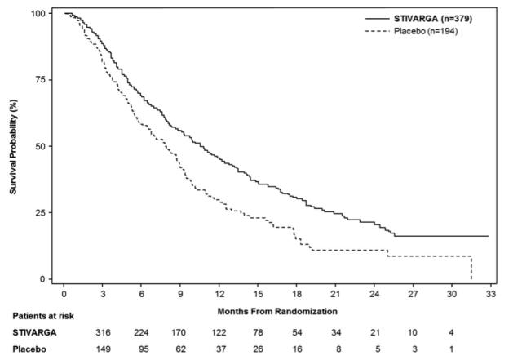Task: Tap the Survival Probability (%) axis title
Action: [13, 147]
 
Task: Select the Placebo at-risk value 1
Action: [452, 351]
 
